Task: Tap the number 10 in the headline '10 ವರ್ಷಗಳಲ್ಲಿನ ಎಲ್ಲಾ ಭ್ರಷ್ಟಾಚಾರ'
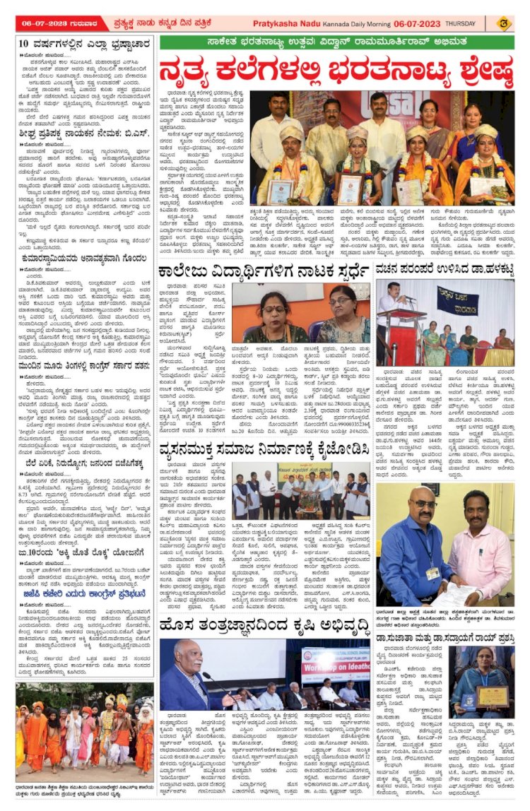pos(23,44)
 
